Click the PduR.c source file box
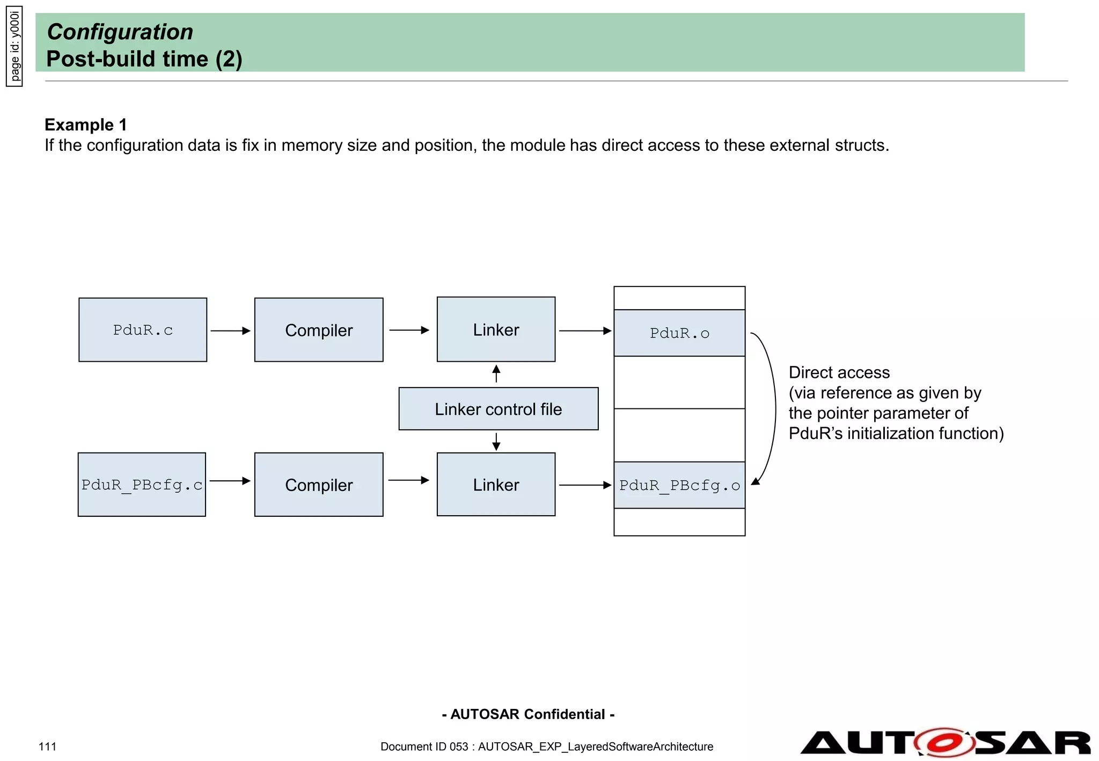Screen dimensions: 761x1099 tap(143, 330)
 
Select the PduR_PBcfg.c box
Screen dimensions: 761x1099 tap(142, 485)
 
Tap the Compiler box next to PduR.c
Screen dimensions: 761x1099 tap(319, 330)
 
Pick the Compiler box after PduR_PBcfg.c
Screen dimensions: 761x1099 tap(319, 485)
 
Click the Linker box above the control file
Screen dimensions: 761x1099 tap(496, 330)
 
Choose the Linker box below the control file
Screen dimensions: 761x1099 tap(496, 485)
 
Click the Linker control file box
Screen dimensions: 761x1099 tap(498, 409)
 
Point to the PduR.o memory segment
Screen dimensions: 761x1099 tap(679, 333)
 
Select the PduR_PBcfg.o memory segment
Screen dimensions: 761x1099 tap(679, 485)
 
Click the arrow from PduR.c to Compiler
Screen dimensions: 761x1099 tap(230, 331)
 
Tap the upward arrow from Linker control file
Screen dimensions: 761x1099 tap(496, 374)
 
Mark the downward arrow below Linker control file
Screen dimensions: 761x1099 tap(496, 442)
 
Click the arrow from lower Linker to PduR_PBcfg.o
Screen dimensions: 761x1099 tap(585, 485)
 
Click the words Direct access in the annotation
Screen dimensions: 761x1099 tap(839, 372)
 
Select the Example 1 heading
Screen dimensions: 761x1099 tap(86, 125)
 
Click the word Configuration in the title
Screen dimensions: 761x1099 tap(120, 32)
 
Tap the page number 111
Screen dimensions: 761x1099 tap(47, 747)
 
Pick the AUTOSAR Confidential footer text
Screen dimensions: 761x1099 tap(528, 714)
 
